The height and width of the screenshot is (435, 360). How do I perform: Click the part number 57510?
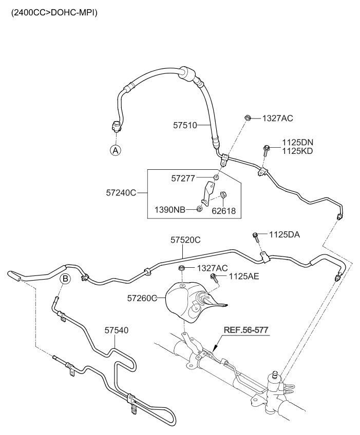pyautogui.click(x=185, y=125)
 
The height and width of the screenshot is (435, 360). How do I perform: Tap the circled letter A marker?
pyautogui.click(x=116, y=150)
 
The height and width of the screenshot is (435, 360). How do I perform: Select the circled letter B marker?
pyautogui.click(x=65, y=279)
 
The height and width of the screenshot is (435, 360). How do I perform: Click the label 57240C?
pyautogui.click(x=121, y=193)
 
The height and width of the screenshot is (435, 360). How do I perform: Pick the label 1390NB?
pyautogui.click(x=170, y=210)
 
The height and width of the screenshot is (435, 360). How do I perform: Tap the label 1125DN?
pyautogui.click(x=297, y=142)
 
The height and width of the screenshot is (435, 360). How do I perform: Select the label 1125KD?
pyautogui.click(x=297, y=151)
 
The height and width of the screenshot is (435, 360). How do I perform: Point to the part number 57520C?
pyautogui.click(x=185, y=240)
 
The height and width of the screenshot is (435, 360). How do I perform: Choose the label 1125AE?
pyautogui.click(x=244, y=276)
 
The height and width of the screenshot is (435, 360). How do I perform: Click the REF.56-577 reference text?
pyautogui.click(x=245, y=329)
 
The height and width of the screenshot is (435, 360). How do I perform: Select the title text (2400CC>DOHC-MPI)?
pyautogui.click(x=50, y=12)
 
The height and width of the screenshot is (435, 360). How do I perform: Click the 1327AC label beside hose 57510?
pyautogui.click(x=277, y=118)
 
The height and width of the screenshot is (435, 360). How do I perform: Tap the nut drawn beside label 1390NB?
pyautogui.click(x=198, y=209)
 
